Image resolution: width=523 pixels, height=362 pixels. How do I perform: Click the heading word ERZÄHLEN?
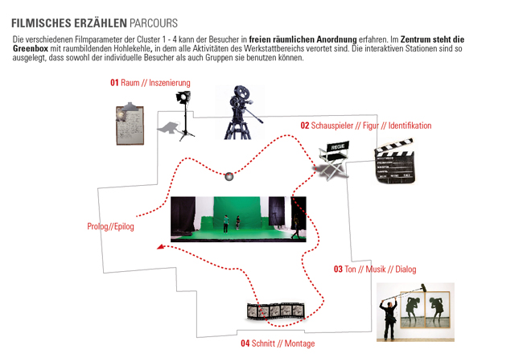pos(98,22)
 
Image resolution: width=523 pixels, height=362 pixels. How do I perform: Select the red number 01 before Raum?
pos(114,83)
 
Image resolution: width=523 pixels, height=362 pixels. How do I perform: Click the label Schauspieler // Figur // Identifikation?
pos(371,125)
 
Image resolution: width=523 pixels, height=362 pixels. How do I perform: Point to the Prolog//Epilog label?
pos(110,227)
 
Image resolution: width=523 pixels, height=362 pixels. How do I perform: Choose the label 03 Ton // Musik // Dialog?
pos(374,269)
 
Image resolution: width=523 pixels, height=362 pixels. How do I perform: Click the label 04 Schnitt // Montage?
pos(278,343)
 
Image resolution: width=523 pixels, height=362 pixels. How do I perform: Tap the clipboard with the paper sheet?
pos(131,124)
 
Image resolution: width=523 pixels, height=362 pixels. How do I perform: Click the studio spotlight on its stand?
pos(183,113)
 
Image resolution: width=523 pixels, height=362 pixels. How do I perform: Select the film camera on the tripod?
pos(240,113)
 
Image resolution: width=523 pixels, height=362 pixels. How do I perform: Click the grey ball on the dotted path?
pos(229,176)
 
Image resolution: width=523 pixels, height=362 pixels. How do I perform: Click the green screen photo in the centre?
pos(238,219)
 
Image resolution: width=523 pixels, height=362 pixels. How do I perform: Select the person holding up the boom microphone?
pos(389,314)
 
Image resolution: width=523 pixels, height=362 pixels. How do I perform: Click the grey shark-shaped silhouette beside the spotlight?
pos(168,128)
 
